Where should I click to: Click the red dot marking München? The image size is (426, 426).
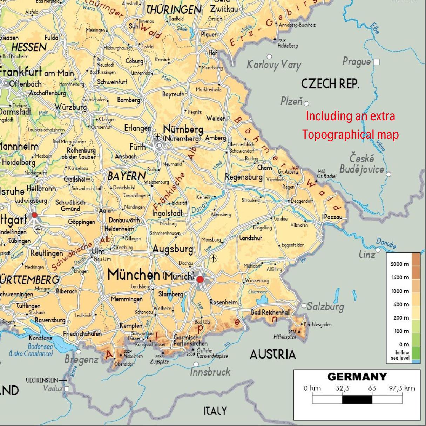200,279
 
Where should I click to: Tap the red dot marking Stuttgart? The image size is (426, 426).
34,215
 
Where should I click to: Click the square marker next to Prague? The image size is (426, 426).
377,62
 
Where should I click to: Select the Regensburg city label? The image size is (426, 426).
243,177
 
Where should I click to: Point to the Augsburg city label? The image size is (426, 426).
173,249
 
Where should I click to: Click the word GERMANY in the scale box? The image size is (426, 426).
357,377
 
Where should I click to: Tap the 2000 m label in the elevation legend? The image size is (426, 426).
400,264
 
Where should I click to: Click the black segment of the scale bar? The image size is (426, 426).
357,399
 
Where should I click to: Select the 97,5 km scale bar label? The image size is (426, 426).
402,388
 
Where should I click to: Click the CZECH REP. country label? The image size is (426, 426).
330,84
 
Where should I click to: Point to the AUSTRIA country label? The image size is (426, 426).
273,354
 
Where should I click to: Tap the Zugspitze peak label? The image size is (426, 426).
160,361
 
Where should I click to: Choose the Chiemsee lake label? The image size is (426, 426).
257,292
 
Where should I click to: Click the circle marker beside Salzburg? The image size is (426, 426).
304,305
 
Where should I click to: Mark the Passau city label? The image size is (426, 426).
333,217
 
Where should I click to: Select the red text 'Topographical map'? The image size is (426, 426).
351,135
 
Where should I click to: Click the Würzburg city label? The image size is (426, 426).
70,107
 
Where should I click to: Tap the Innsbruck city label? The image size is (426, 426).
210,372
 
